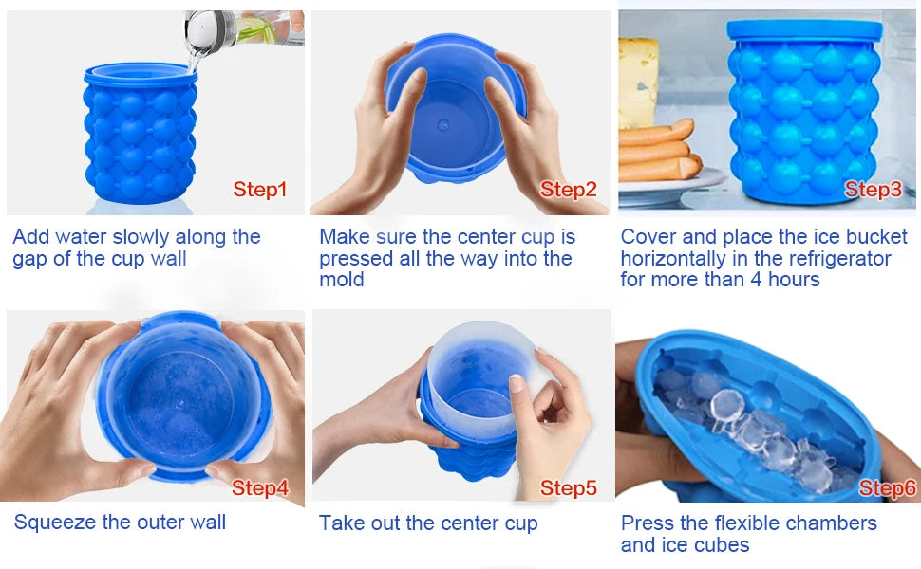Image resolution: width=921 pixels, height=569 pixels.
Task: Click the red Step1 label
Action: click(259, 190)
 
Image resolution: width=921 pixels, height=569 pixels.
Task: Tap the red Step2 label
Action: click(568, 190)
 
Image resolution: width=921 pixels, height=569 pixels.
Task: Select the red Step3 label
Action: click(873, 190)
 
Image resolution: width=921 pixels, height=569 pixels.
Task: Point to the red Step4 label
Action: click(259, 488)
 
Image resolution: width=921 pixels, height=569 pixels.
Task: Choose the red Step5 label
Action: click(568, 488)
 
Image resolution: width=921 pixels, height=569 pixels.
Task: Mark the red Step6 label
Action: click(887, 488)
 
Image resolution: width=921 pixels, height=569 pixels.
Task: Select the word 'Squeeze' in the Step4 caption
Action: click(53, 523)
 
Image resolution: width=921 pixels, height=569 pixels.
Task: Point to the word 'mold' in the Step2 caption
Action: click(341, 280)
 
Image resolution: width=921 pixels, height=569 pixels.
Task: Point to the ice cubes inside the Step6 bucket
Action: click(750, 427)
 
